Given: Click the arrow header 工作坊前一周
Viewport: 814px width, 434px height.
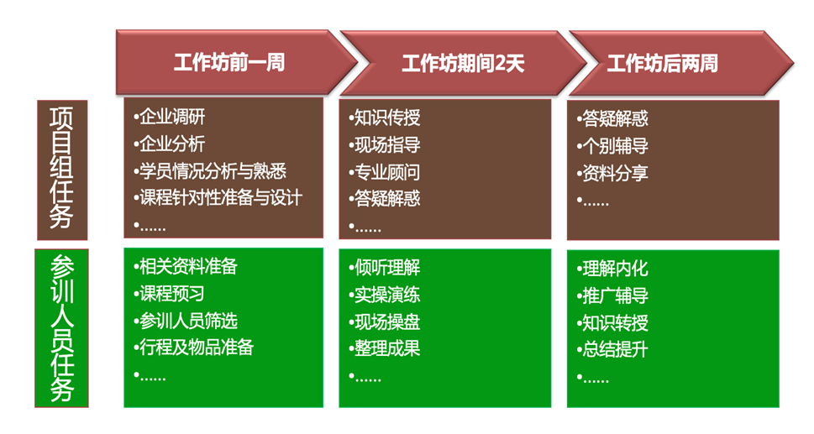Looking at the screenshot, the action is click(236, 63).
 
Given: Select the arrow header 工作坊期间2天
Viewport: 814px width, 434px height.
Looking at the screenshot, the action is click(463, 63).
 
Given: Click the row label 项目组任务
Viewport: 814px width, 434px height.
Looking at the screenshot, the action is click(62, 170).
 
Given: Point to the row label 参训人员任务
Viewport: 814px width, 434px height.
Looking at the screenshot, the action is click(62, 327).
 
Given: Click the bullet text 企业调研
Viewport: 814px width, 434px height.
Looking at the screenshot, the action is click(169, 117).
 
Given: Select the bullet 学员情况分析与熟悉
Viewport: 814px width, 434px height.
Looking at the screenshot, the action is click(210, 171).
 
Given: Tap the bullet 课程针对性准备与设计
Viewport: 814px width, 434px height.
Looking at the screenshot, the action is click(218, 197).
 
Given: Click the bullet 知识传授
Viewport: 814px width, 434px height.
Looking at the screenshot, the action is click(385, 118).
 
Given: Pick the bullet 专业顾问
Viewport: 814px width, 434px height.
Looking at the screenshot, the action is click(385, 172).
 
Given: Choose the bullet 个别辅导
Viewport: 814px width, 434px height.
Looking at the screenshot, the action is click(612, 146).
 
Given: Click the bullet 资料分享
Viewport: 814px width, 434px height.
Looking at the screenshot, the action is click(612, 173).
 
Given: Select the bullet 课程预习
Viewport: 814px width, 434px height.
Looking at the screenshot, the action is click(169, 294).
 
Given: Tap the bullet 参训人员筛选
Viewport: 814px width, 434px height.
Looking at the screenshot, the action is click(186, 321).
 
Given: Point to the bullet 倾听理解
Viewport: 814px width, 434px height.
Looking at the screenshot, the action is click(385, 268).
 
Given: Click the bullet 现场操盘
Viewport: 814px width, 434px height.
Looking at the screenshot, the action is click(385, 322).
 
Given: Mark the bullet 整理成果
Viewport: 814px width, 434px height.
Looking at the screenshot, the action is click(385, 348).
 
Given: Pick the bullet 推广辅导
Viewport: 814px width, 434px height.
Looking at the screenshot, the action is click(612, 295).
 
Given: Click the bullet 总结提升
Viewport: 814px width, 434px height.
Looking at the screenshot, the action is click(612, 349).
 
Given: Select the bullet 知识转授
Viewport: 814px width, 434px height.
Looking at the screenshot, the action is click(612, 322).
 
